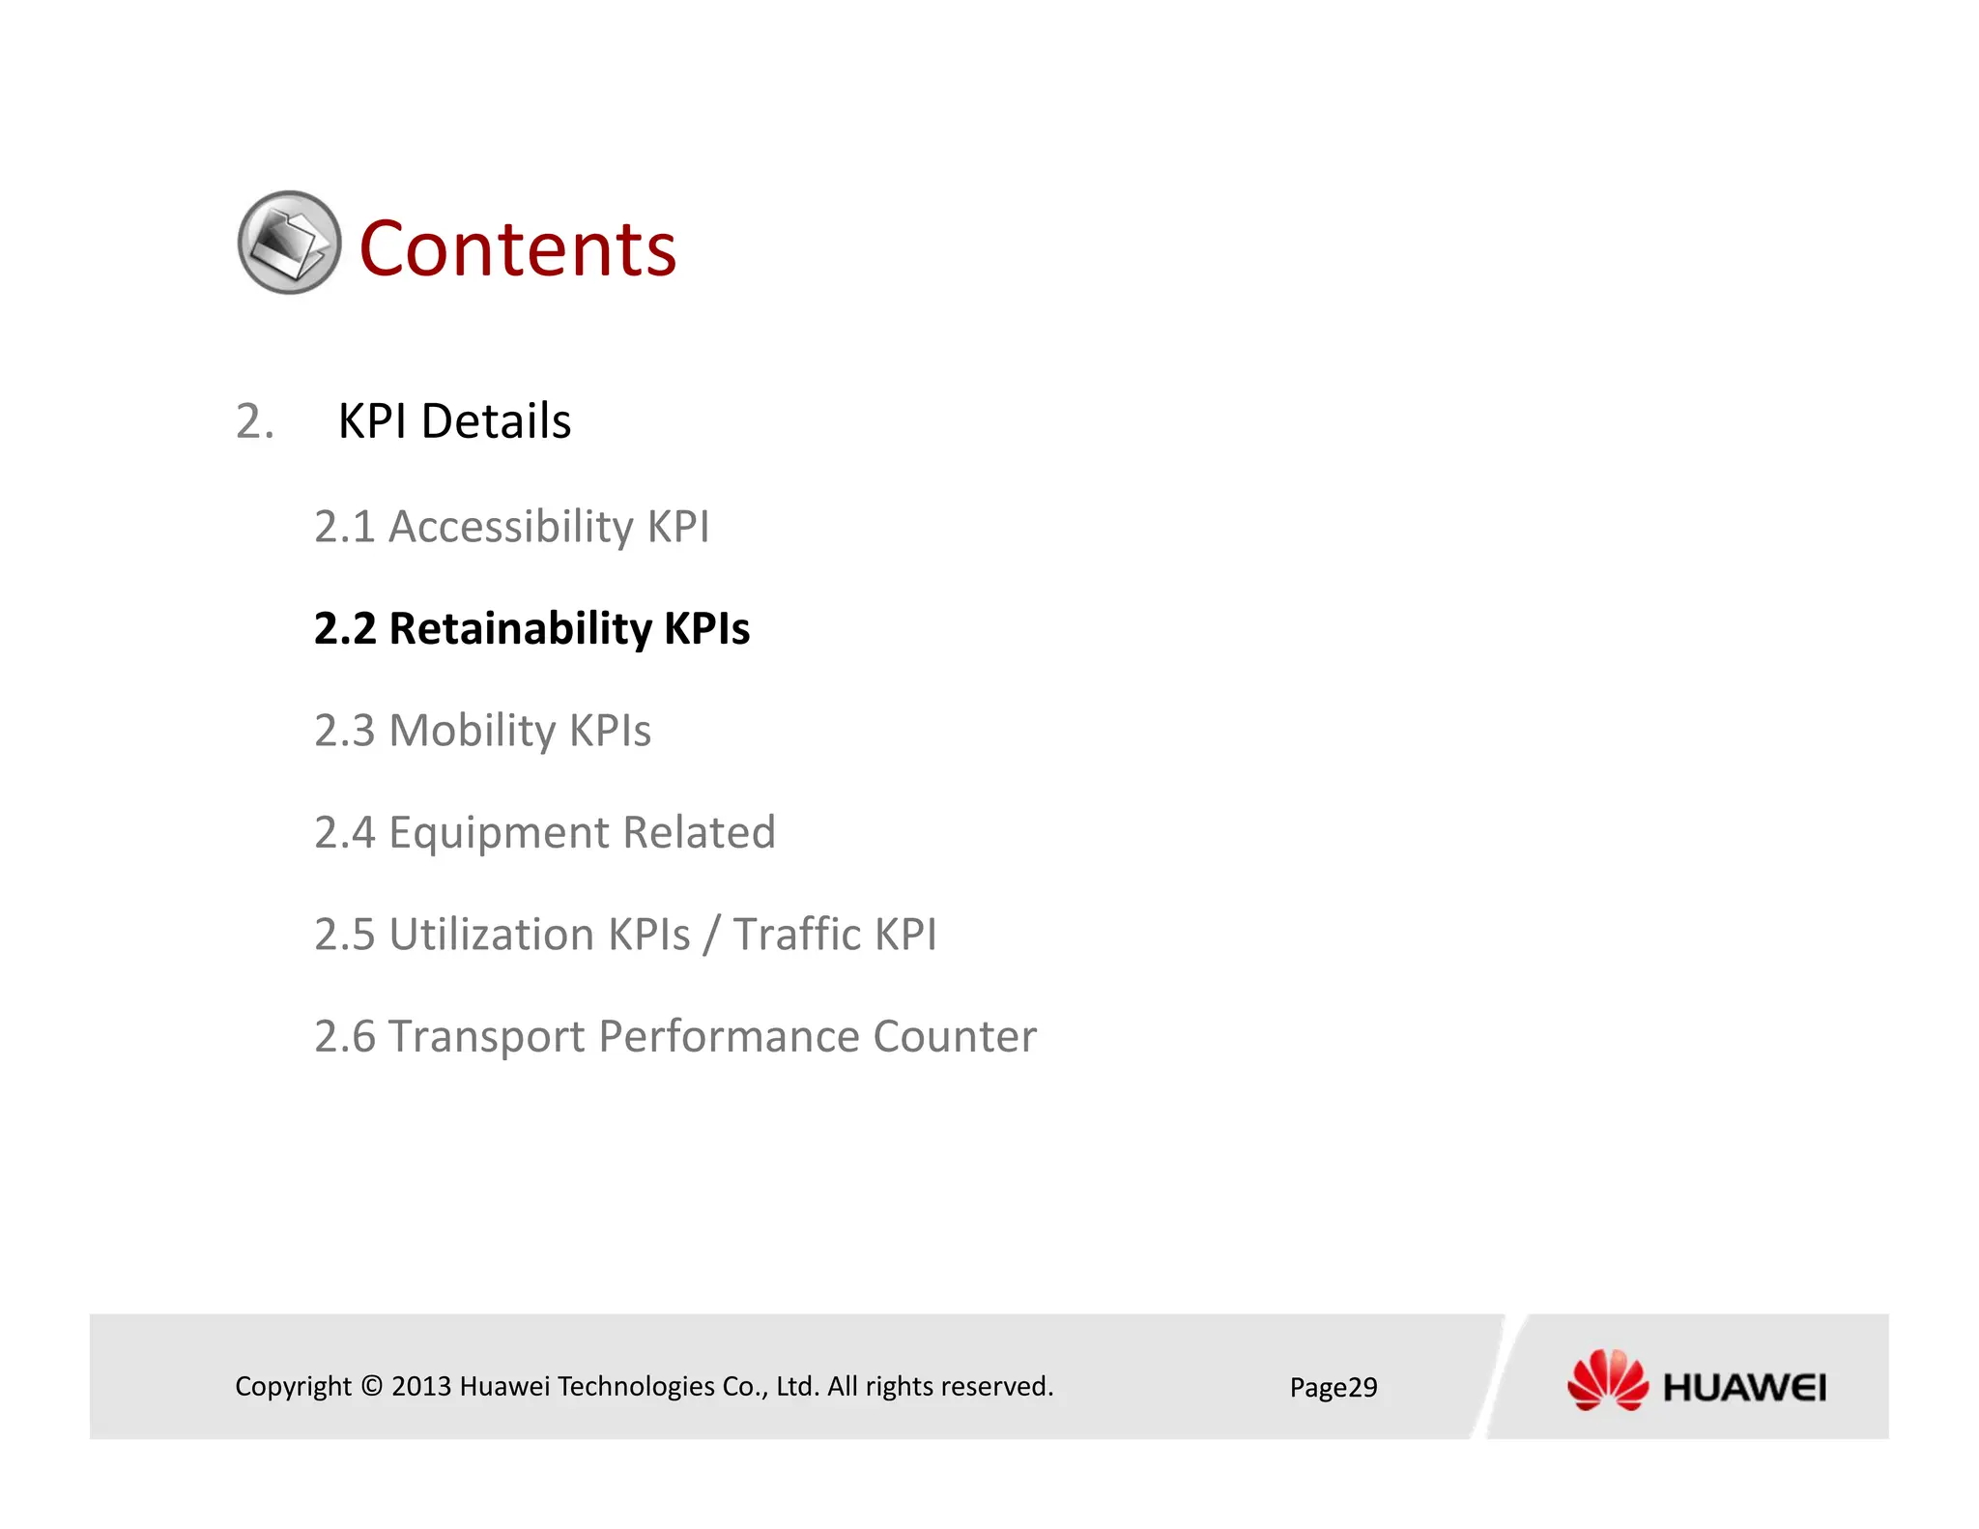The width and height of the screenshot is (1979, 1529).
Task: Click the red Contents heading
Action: [518, 249]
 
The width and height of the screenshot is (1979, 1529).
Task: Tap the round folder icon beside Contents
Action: [289, 243]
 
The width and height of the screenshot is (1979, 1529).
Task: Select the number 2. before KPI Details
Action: [254, 421]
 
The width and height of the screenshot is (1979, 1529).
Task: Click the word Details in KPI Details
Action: [496, 421]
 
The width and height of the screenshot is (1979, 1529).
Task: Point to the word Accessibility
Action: [510, 528]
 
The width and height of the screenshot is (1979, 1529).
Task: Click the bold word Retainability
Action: [520, 629]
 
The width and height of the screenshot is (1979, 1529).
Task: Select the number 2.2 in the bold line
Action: [345, 629]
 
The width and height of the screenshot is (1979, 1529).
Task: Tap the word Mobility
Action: [472, 731]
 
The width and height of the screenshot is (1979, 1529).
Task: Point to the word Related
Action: [699, 833]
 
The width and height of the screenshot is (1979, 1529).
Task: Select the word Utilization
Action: [491, 935]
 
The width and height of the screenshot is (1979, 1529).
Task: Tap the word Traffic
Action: [796, 935]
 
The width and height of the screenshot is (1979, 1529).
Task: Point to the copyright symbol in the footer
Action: [372, 1386]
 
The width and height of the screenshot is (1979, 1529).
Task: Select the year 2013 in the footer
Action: [421, 1386]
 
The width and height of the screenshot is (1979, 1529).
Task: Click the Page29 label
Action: [1333, 1388]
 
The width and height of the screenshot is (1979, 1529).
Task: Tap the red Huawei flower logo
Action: [1607, 1380]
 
